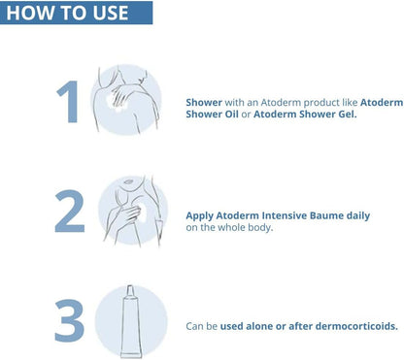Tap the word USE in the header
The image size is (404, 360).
click(x=111, y=13)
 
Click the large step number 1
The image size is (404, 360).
click(x=68, y=102)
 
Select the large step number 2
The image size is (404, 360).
click(x=70, y=212)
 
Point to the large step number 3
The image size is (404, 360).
click(x=70, y=320)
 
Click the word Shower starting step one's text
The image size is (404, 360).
click(x=204, y=103)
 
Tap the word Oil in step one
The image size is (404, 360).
click(x=231, y=115)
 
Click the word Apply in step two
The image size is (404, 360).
click(x=199, y=216)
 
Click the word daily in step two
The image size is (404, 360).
click(x=358, y=216)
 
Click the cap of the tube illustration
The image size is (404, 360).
click(x=130, y=291)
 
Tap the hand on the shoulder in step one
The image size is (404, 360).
click(x=119, y=96)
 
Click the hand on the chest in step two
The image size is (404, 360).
click(x=128, y=213)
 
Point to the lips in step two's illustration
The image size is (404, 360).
click(x=128, y=181)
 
